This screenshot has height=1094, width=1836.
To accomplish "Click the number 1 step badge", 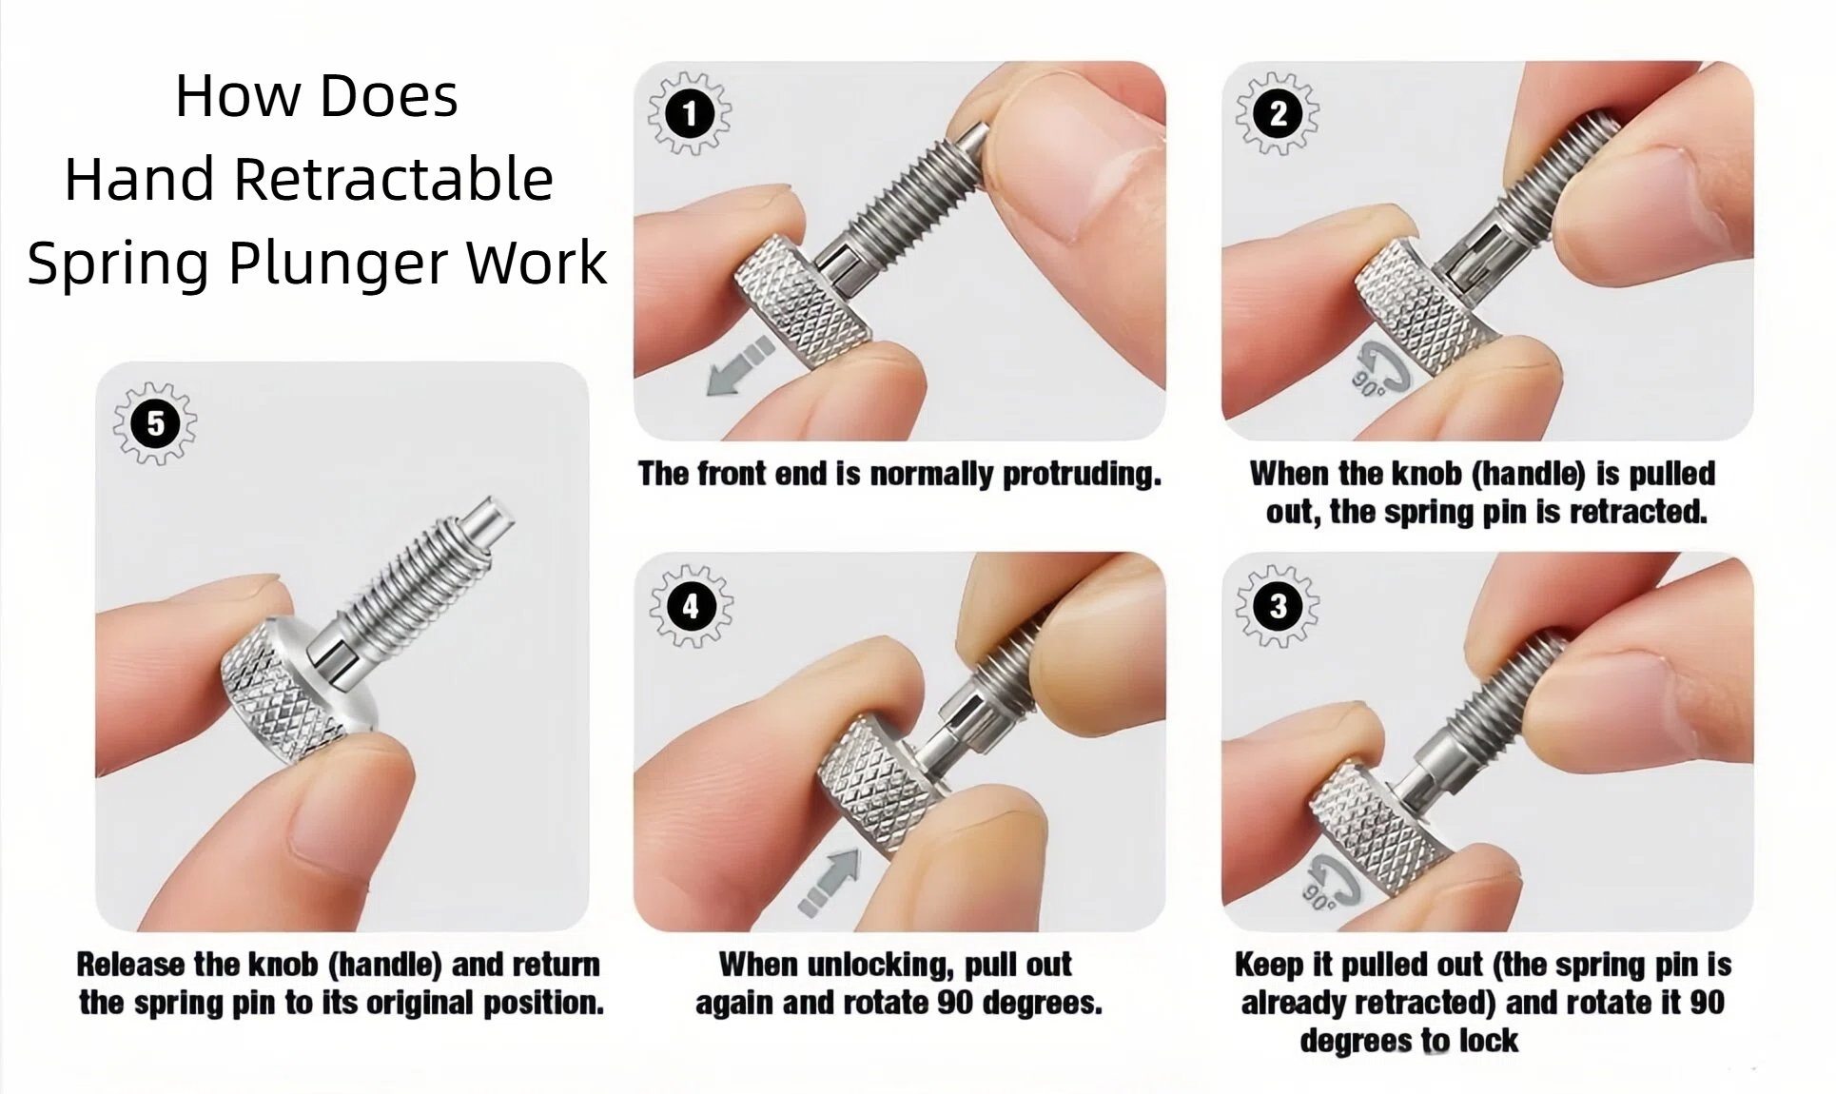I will [690, 114].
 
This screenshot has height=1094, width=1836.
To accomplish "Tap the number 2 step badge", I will [1277, 114].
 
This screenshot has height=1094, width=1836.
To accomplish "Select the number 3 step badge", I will [1277, 606].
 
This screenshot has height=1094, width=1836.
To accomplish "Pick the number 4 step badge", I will [691, 606].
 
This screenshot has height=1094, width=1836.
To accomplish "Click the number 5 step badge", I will [155, 423].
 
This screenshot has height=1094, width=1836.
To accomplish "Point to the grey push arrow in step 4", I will [830, 881].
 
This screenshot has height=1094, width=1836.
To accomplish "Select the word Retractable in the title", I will [393, 179].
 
